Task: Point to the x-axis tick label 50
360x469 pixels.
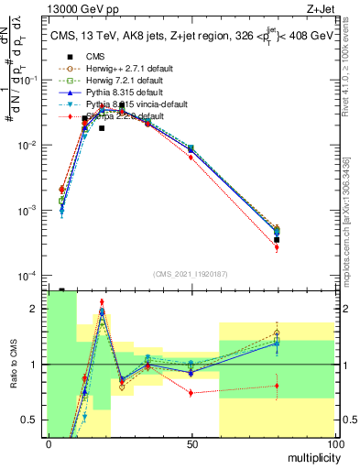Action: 191,444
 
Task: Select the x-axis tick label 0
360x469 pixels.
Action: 49,444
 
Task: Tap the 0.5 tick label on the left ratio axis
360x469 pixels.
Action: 32,420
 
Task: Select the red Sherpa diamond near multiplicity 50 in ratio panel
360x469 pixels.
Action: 191,393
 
